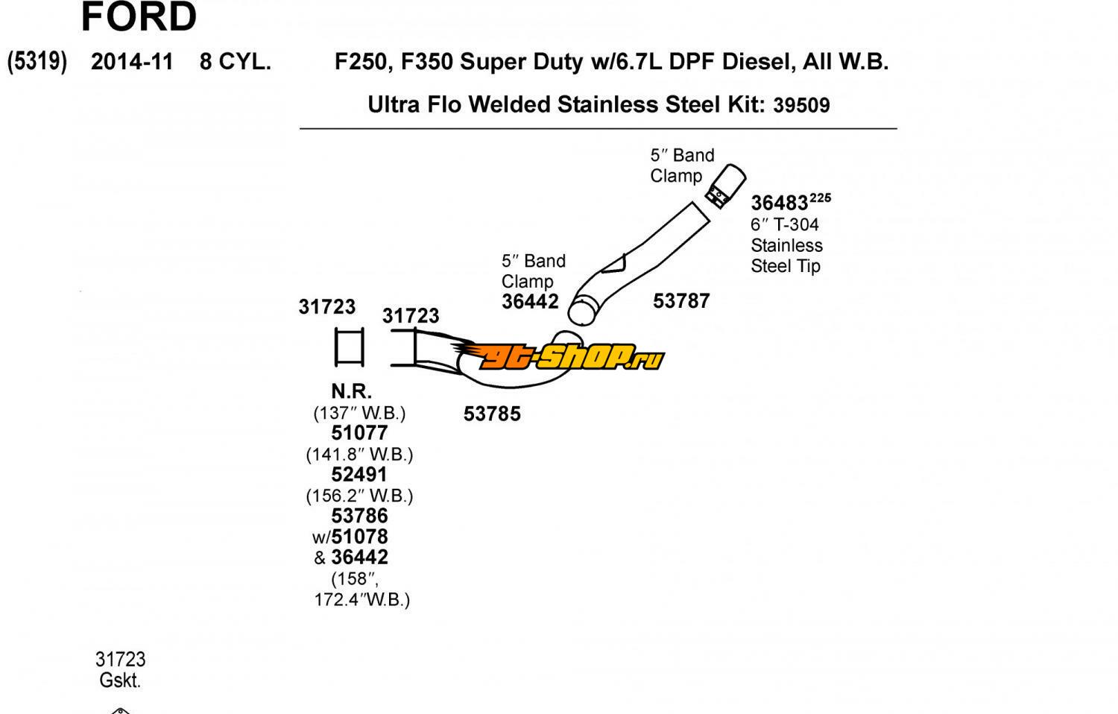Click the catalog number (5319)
[x=37, y=61]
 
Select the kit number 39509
[x=801, y=105]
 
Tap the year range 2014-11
[x=132, y=62]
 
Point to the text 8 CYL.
[x=235, y=62]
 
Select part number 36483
[x=779, y=203]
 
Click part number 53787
[x=681, y=301]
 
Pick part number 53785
[x=492, y=414]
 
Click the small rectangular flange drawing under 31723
[x=349, y=347]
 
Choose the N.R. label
[x=351, y=391]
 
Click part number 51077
[x=359, y=433]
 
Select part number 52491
[x=359, y=475]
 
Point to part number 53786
[x=359, y=516]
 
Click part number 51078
[x=360, y=537]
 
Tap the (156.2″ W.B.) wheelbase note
[x=359, y=496]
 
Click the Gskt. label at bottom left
[x=120, y=680]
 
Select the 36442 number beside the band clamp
[x=530, y=302]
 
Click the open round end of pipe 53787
[x=585, y=309]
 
